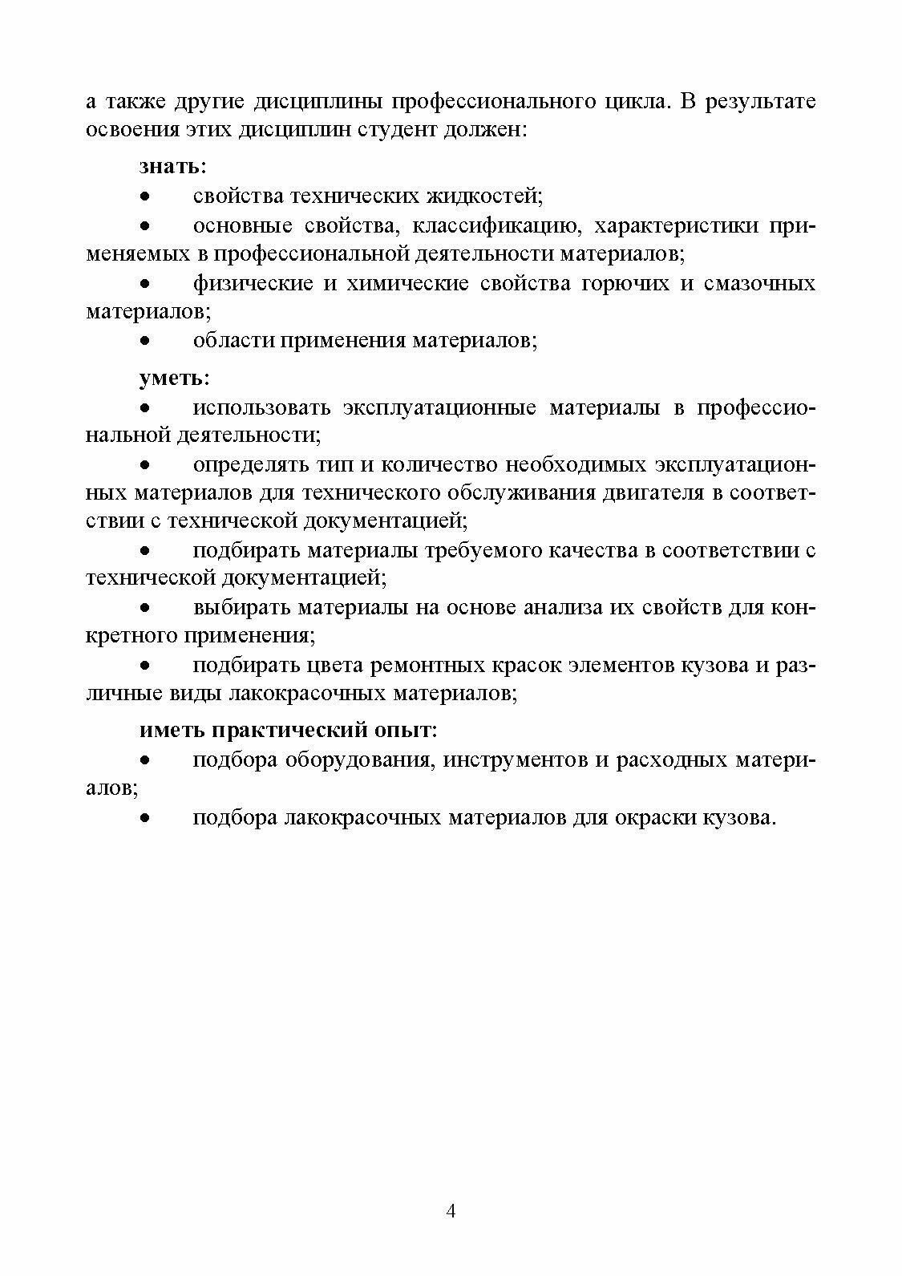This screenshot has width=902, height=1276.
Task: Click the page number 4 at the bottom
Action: [451, 1210]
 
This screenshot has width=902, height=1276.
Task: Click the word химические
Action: [407, 284]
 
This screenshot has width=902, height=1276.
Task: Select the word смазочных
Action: [759, 284]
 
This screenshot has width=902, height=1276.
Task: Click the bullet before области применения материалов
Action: [145, 341]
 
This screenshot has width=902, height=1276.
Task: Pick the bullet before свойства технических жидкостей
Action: [145, 196]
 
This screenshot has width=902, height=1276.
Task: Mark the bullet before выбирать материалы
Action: [145, 608]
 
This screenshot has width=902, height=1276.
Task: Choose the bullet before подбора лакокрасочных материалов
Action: [145, 819]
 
